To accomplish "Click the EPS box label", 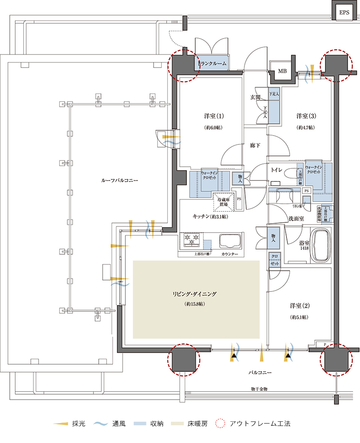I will point(344,13).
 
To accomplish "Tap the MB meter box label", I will point(282,71).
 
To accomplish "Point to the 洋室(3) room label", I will point(306,116).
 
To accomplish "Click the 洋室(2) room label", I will point(299,306).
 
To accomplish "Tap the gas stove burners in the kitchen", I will point(191,241).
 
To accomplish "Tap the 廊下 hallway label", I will point(254,144).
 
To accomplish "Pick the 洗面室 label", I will point(296,218).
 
